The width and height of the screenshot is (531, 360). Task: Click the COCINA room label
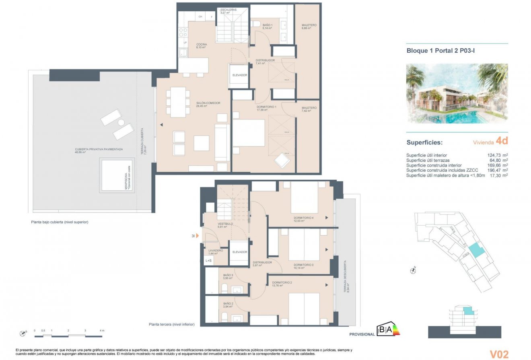202,44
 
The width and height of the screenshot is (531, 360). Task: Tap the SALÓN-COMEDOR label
208,103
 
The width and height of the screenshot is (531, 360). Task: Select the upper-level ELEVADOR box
239,75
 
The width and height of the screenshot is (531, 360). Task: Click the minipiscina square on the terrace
117,175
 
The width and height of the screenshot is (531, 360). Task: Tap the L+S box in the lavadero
209,261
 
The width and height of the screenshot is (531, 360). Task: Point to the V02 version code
499,354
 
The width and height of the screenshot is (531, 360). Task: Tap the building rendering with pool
457,93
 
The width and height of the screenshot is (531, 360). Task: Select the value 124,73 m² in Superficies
497,155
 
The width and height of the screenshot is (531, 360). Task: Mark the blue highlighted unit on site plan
475,251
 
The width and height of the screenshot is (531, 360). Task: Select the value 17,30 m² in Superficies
497,175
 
